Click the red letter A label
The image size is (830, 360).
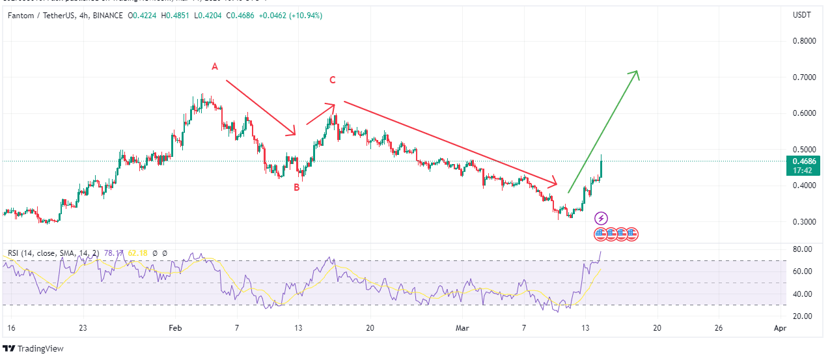pos(214,66)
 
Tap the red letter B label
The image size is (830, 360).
pos(296,187)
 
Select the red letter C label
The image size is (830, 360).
pos(332,80)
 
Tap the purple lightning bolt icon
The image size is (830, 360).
pos(602,219)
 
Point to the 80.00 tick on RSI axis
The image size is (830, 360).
pos(801,249)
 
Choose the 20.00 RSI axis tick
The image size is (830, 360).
pos(801,316)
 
